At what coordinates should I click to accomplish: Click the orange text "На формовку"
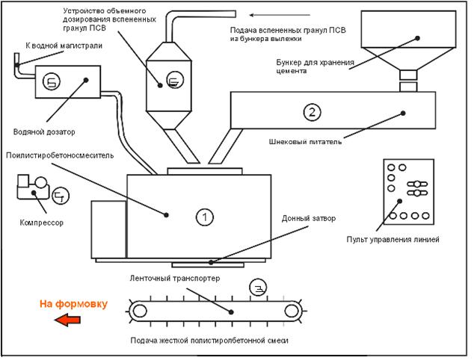click(74, 304)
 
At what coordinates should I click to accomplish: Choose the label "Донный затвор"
click(309, 220)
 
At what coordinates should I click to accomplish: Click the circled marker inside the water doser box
click(51, 81)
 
